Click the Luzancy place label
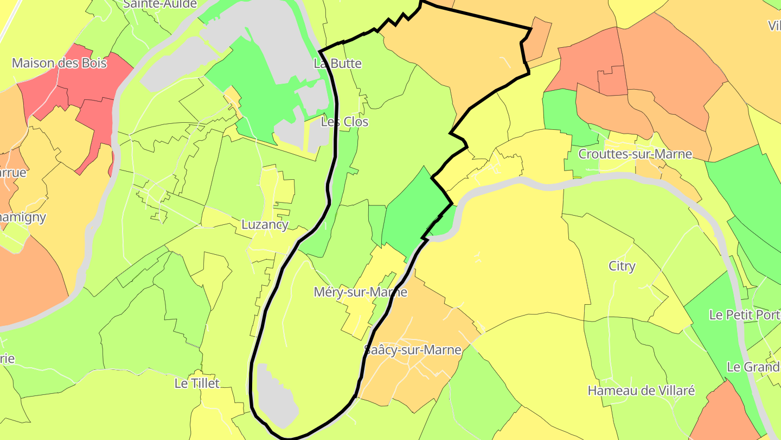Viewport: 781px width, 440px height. click(x=265, y=224)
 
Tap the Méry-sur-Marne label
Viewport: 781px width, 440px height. click(x=360, y=292)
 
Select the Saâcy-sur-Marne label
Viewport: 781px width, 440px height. click(x=412, y=349)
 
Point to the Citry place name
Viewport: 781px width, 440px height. click(x=622, y=266)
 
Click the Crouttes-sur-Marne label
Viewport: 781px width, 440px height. click(x=635, y=154)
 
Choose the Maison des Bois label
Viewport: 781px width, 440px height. click(x=59, y=63)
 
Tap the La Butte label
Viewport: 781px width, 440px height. click(x=337, y=64)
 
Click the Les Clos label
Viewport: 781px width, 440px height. click(x=344, y=122)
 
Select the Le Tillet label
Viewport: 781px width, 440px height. click(x=197, y=384)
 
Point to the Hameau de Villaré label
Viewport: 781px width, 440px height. click(x=641, y=391)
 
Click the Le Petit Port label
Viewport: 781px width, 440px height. click(x=744, y=315)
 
